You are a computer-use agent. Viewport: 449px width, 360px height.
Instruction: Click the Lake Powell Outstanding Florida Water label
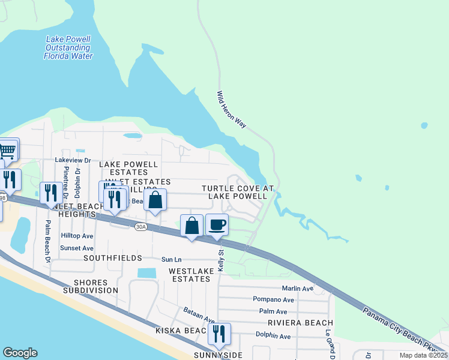tap(68, 48)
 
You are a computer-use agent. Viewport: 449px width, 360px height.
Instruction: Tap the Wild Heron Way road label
tap(232, 109)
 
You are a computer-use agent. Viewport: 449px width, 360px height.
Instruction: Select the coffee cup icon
tap(217, 226)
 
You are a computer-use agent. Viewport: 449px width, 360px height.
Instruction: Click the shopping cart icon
tap(7, 149)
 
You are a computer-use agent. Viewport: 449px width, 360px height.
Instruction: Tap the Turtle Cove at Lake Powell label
tap(237, 192)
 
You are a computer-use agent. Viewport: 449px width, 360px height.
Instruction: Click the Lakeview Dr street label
tap(73, 160)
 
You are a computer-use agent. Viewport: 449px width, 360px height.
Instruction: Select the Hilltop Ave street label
tap(77, 236)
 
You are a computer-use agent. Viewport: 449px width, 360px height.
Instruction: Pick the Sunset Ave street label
tap(77, 248)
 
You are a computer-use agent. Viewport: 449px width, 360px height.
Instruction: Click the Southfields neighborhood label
tap(113, 258)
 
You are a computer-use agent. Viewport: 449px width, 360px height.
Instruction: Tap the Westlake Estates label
tap(191, 275)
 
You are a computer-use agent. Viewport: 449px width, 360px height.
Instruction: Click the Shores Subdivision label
tap(95, 286)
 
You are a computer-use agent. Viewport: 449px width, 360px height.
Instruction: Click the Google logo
tap(20, 353)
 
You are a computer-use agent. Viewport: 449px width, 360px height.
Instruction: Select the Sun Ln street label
tap(171, 260)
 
